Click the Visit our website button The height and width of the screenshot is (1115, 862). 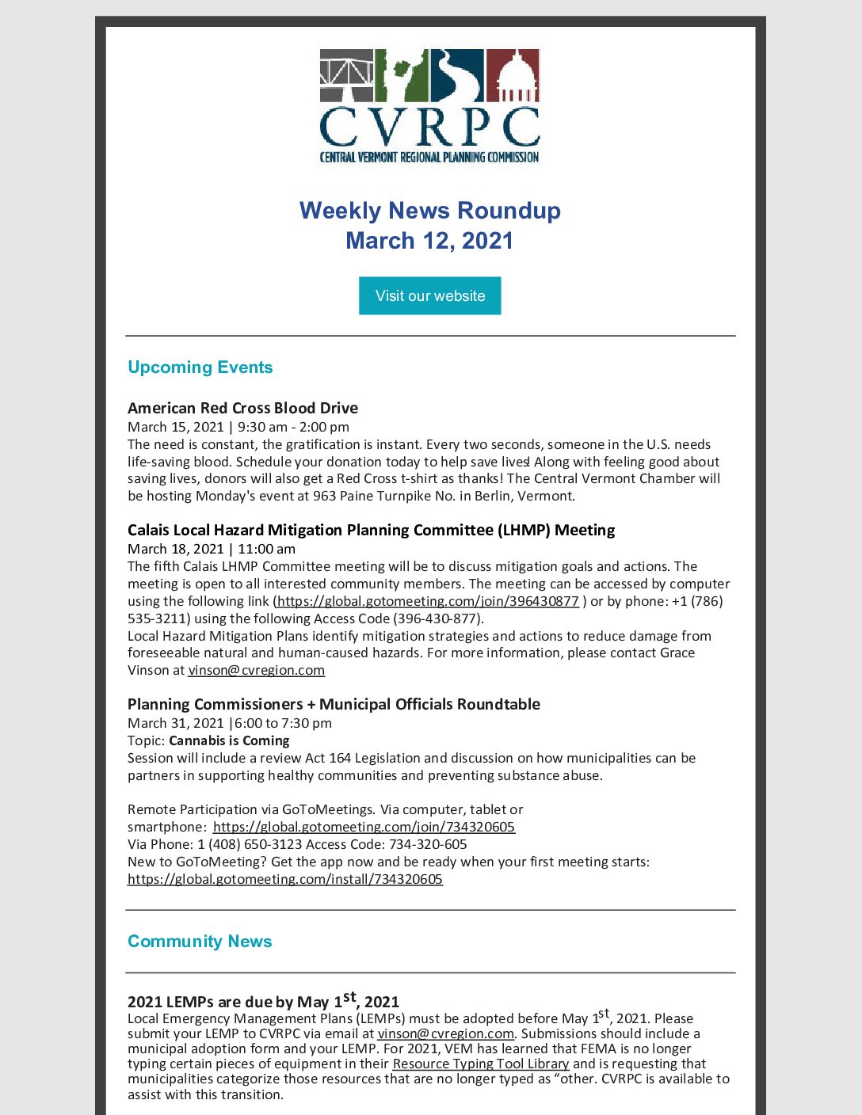[429, 295]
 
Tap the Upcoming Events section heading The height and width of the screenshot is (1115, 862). [200, 367]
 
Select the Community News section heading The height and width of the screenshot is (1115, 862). [200, 942]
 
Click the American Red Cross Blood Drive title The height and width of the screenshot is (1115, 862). [242, 408]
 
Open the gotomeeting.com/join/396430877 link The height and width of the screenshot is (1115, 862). [428, 601]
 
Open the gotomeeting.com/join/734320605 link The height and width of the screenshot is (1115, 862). [364, 827]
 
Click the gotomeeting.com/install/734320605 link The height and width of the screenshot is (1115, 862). [285, 879]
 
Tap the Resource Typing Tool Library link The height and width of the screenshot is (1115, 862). [481, 1064]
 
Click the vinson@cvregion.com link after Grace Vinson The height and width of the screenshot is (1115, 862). [256, 670]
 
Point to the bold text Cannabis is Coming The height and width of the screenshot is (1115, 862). [229, 740]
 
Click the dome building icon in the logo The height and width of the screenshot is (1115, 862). [513, 75]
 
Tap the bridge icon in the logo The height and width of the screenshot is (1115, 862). [346, 75]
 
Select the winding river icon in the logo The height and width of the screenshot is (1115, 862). [457, 75]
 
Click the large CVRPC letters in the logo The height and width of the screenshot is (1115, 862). [429, 126]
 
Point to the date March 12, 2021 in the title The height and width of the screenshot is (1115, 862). [429, 241]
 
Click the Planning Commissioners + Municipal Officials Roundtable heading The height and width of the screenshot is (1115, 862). [334, 704]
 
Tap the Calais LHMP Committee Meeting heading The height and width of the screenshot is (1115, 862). [371, 530]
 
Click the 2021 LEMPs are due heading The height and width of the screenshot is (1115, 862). [263, 1001]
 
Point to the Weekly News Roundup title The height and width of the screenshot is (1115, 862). [429, 211]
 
